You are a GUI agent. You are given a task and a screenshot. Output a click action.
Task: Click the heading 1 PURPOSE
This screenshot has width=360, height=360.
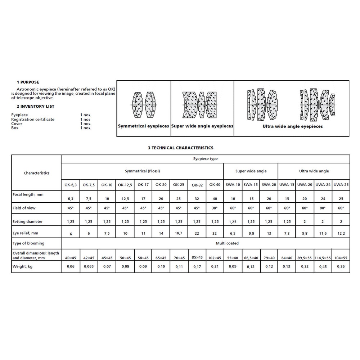point(28,82)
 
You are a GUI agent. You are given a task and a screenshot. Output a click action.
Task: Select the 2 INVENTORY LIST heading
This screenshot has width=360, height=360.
point(35,107)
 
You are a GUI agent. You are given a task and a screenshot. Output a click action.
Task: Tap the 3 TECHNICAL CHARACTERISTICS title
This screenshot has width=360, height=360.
point(180,148)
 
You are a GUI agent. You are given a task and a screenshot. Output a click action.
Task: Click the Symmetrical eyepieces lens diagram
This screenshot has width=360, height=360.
point(144,105)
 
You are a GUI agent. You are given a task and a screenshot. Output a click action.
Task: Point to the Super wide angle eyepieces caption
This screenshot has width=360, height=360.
point(202,126)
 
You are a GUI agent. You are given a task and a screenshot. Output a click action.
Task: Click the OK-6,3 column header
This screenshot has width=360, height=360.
point(70,185)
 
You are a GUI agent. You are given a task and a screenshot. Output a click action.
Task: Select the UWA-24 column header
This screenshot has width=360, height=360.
point(323,185)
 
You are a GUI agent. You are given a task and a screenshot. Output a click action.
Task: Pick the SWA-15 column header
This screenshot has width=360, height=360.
point(251,185)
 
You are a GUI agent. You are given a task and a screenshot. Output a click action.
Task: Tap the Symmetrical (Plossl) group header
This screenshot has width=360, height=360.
point(143,171)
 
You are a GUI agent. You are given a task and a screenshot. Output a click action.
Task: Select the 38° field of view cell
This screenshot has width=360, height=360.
point(215,208)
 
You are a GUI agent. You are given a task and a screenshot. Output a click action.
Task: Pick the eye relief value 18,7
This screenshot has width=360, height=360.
point(179,233)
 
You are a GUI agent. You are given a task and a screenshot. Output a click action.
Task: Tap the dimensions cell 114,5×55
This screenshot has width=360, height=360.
point(323,258)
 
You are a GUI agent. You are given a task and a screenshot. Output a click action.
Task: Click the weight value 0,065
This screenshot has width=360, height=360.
point(89,267)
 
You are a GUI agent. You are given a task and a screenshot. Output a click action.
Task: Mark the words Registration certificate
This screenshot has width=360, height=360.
point(33,119)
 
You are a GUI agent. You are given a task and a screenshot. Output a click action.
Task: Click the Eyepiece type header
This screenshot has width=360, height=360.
point(206,159)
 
